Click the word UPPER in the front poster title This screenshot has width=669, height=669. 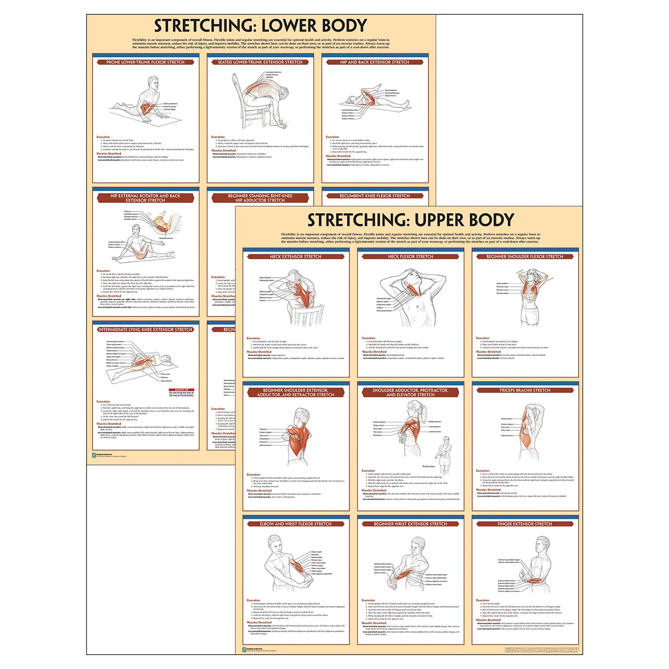[437, 220]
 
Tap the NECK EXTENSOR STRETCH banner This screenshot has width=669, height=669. [296, 256]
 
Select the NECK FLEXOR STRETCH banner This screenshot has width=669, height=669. [410, 256]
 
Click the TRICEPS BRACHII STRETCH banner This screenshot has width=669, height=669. [525, 390]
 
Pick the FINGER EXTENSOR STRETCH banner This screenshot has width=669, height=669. [525, 524]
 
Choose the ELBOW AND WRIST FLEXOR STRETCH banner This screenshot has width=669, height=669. [296, 524]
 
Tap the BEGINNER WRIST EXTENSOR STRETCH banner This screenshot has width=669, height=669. [410, 524]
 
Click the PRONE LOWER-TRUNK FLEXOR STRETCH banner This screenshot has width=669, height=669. [145, 62]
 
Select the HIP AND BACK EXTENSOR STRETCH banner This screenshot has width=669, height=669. [375, 62]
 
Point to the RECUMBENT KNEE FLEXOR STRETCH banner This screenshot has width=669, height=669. [375, 196]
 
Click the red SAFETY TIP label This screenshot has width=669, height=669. [182, 390]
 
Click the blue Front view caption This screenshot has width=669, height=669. [429, 466]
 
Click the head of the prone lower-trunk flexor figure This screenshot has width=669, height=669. [153, 83]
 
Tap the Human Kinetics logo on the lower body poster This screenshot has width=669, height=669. [94, 455]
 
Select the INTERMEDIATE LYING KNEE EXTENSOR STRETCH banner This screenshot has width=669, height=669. [145, 329]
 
